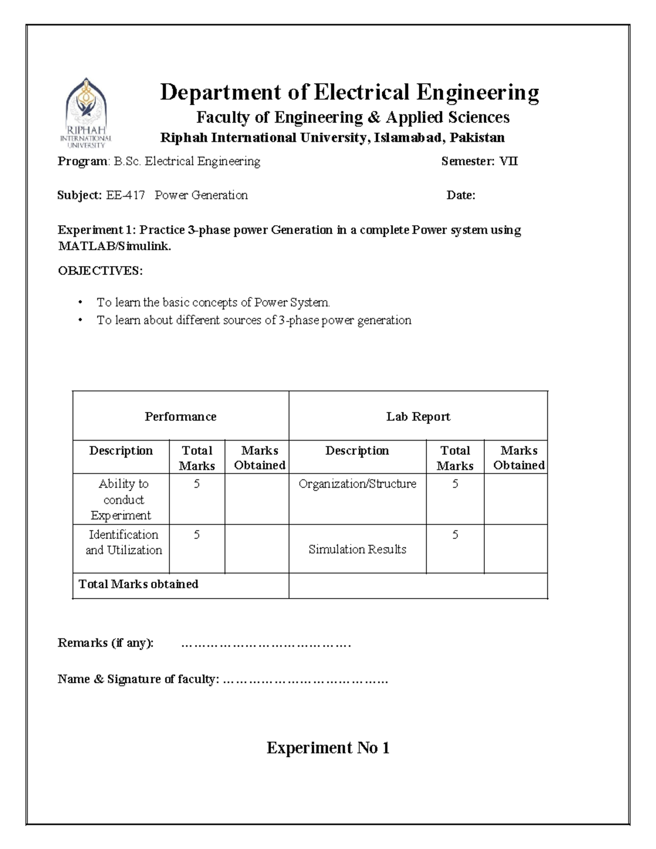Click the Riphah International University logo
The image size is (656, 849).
pos(86,113)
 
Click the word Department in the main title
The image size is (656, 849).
pos(220,92)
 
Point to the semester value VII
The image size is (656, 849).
pos(508,161)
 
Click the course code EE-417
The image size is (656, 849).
pos(125,195)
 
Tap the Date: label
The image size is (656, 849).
pos(460,195)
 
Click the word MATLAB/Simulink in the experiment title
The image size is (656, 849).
pos(114,247)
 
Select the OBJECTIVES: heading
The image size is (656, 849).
pos(100,271)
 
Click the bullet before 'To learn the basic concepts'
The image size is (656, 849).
pos(80,303)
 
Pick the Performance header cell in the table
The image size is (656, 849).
pos(180,417)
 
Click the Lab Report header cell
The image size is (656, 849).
pos(418,417)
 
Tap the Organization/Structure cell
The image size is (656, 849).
pos(357,484)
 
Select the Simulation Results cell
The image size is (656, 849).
pos(357,549)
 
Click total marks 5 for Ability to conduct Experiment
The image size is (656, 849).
pos(197,484)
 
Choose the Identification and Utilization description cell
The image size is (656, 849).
pos(124,542)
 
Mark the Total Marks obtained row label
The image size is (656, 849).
pos(138,584)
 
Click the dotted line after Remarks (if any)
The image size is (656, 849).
pos(266,644)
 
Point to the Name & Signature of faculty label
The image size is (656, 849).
pos(138,680)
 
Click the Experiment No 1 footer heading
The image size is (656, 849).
pos(328,748)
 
